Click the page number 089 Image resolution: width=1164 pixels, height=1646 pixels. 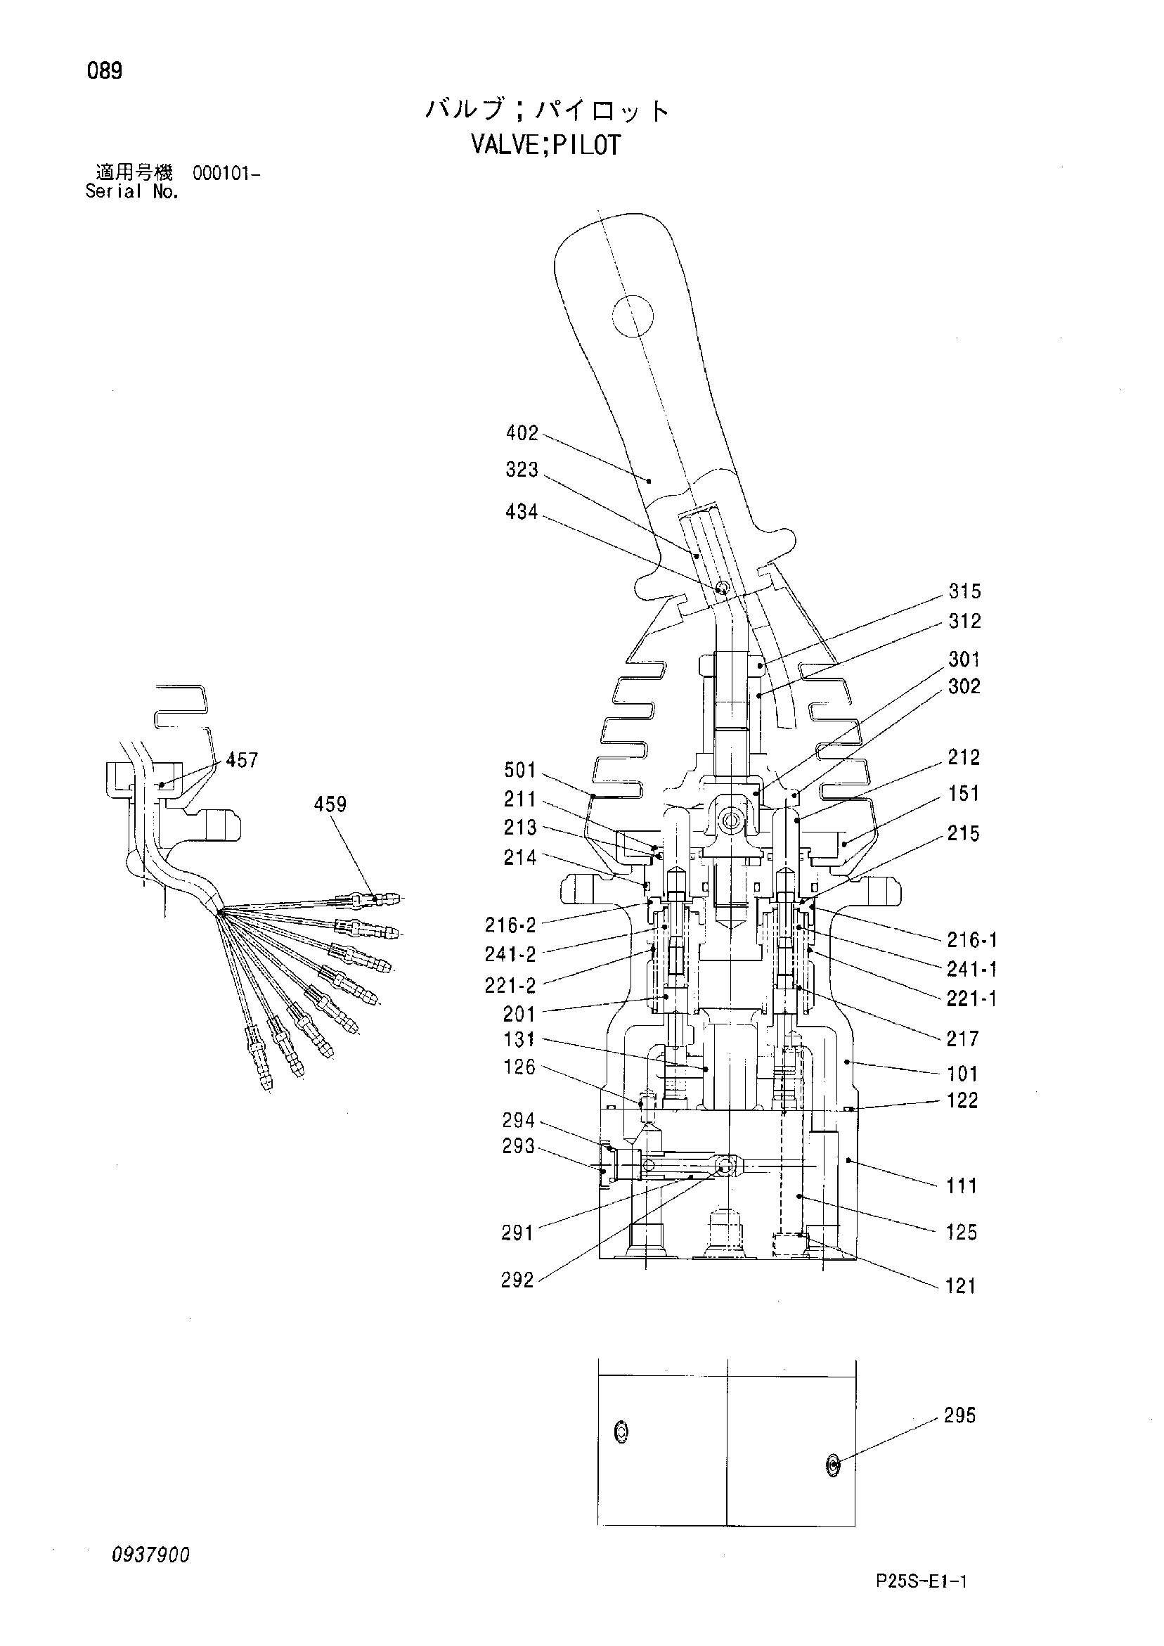point(105,71)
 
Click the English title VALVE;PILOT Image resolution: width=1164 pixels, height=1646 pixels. point(545,146)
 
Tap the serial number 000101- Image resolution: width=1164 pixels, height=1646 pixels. point(226,174)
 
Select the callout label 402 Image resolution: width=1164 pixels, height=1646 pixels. point(522,433)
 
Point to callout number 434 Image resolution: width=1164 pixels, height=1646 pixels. point(522,512)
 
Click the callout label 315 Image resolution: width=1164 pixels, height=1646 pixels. point(965,591)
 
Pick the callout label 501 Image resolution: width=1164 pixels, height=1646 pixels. point(520,770)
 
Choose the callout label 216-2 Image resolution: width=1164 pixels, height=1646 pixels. point(510,925)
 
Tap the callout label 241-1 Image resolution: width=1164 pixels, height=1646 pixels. point(972,969)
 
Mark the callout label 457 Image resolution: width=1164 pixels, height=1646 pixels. point(242,760)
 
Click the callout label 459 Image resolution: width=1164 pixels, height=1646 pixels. point(330,804)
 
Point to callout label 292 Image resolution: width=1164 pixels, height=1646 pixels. point(517,1280)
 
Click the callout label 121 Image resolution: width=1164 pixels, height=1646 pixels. point(960,1286)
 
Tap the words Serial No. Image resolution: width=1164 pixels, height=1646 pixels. point(132,191)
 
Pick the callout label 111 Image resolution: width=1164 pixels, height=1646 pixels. point(961,1185)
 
